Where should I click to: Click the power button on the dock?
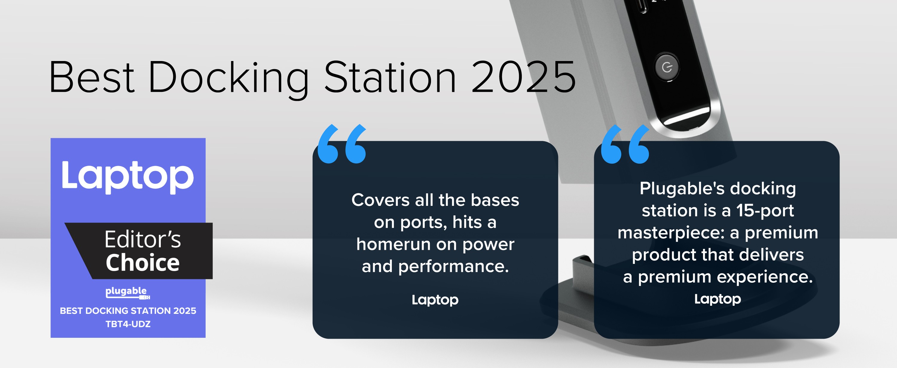(x=666, y=67)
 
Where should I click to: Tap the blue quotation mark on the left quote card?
(x=342, y=144)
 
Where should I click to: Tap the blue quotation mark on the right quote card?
(x=625, y=144)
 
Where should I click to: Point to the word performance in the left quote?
(x=453, y=267)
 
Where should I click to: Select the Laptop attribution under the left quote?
(x=435, y=300)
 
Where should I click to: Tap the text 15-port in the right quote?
(x=765, y=211)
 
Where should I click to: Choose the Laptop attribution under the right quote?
(x=718, y=299)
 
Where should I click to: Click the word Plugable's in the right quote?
(x=682, y=189)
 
